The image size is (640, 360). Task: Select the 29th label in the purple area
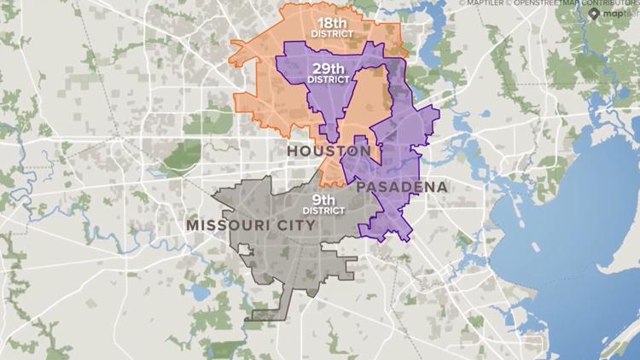[329, 67]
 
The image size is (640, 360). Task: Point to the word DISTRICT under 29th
[329, 78]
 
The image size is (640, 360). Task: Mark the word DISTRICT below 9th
[323, 211]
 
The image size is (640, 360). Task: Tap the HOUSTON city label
[329, 151]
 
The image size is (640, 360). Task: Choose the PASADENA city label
[402, 186]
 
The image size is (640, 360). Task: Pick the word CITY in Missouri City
[295, 225]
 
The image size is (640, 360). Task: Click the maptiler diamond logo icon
[595, 13]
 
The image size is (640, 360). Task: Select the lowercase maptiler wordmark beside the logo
[620, 15]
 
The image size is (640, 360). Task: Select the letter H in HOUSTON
[292, 151]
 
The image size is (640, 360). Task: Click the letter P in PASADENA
[362, 186]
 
